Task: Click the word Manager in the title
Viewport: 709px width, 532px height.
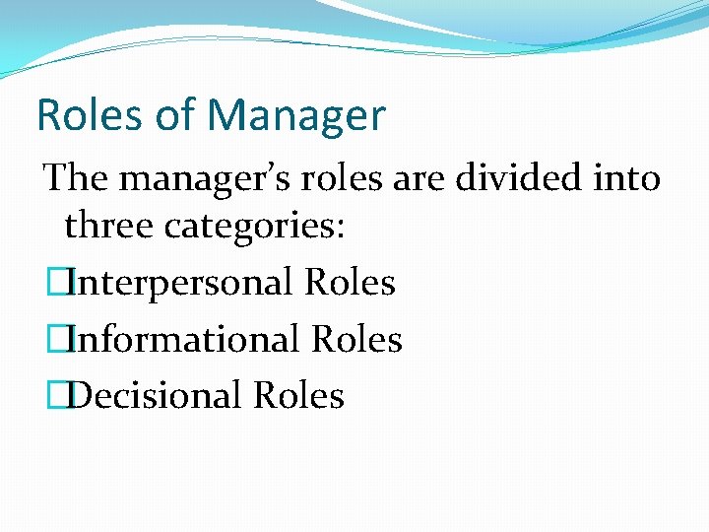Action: pos(296,116)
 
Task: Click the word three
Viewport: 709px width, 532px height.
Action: pos(109,226)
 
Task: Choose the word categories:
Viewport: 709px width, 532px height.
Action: pos(254,227)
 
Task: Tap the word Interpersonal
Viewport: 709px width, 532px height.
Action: pos(183,283)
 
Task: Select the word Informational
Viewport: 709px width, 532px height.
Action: pos(186,340)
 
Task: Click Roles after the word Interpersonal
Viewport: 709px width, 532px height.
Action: pos(351,283)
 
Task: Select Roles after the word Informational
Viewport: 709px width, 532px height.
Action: pos(356,340)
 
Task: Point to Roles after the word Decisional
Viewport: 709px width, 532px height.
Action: pos(299,396)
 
